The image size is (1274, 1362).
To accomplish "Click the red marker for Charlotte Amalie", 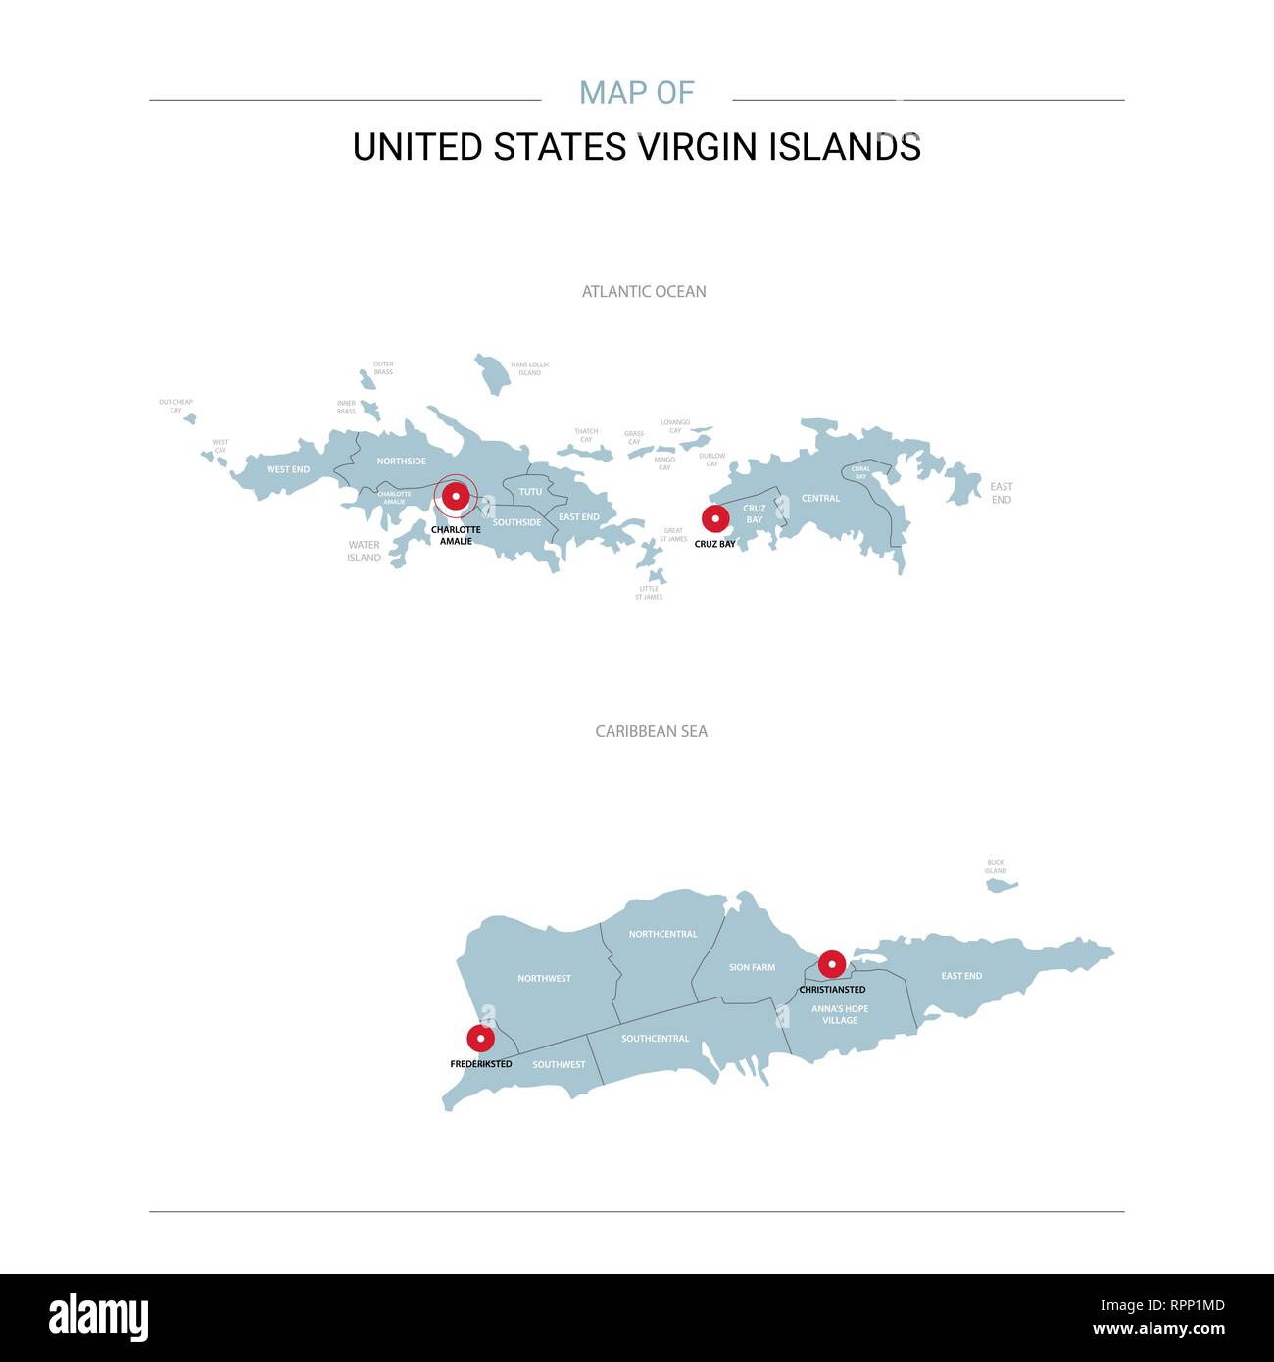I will (456, 496).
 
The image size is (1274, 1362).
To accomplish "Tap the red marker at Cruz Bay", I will (715, 518).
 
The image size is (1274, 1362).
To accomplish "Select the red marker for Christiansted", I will (832, 964).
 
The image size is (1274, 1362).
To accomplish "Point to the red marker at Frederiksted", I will (480, 1038).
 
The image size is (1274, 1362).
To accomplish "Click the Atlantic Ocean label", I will (644, 291).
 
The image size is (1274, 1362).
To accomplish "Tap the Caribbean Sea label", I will (651, 731).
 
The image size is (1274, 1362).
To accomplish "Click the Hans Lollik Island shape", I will (492, 373).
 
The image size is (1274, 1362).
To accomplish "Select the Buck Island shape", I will (1001, 885).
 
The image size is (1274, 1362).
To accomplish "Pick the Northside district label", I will (401, 461).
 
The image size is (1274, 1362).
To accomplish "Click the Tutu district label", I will (530, 492).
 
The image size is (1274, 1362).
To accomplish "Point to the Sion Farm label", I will (752, 967).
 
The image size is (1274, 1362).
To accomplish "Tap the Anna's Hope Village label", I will (840, 1014).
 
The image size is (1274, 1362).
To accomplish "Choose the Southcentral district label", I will (655, 1039).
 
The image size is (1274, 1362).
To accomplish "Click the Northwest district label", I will (544, 978).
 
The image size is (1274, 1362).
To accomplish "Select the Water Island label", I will (364, 552).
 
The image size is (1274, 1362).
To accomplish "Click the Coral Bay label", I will (860, 472).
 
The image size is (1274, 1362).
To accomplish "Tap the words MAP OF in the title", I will (637, 93).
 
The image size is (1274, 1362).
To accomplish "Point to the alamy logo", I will (98, 1318).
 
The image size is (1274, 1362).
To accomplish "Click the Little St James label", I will (649, 593).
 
